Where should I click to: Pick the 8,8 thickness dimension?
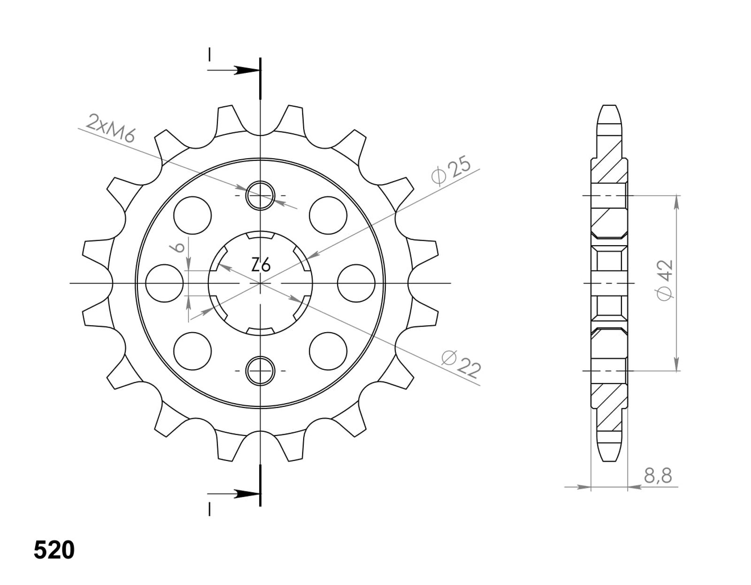tap(658, 476)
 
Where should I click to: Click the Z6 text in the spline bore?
tap(260, 265)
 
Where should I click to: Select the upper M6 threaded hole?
tap(260, 195)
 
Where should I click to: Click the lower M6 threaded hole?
tap(260, 371)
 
